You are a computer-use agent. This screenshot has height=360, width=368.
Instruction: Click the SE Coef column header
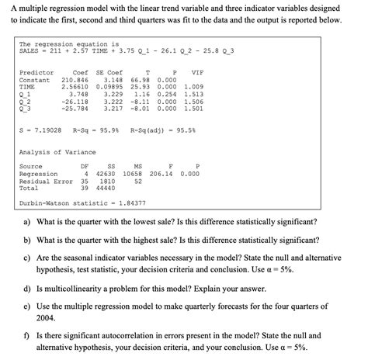click(x=109, y=73)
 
